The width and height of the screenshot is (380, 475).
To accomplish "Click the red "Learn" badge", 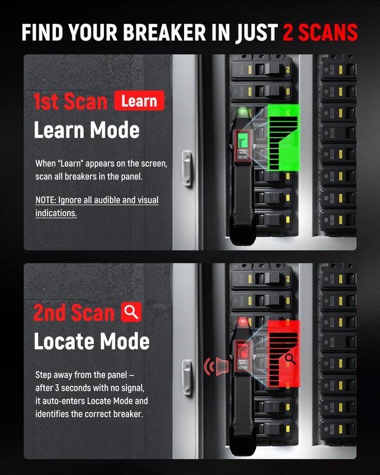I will click(138, 101).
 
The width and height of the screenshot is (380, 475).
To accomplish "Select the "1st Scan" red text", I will click(70, 102).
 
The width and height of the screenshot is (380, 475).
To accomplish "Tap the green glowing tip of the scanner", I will click(241, 113).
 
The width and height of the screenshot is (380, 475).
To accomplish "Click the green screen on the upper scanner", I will click(242, 140).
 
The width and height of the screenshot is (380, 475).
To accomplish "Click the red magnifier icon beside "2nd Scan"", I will click(131, 312).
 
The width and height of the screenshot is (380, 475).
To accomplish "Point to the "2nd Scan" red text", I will click(74, 313).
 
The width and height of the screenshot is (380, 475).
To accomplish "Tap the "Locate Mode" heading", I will click(91, 341).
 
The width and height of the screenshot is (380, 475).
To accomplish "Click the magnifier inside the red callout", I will click(290, 358).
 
